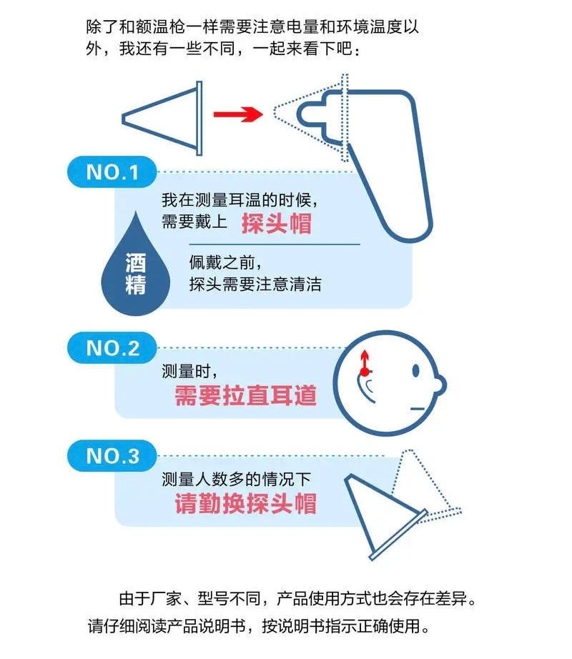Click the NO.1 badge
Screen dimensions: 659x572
point(111,173)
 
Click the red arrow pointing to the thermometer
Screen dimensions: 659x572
point(235,112)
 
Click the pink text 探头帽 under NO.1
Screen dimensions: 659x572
point(276,223)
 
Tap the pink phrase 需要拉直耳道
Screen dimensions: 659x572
point(245,395)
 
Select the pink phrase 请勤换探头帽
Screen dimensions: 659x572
point(245,503)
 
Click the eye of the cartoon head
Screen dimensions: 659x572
point(415,371)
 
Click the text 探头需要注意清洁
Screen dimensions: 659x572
point(255,284)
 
